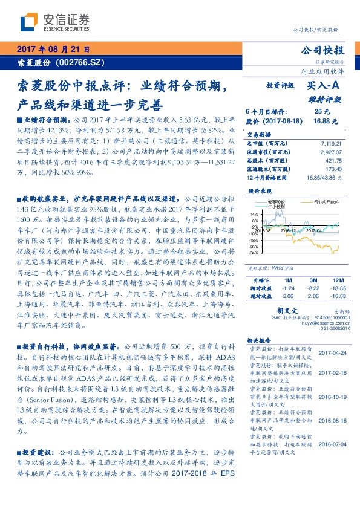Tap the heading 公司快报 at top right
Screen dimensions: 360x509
point(325,50)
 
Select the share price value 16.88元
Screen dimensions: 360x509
point(322,120)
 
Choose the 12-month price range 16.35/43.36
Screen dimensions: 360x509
point(325,178)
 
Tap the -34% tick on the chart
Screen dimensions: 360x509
point(254,253)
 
